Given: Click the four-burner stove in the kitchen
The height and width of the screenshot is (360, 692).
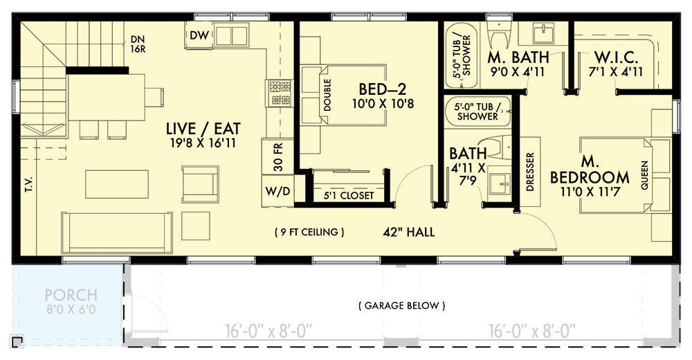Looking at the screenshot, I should pyautogui.click(x=280, y=93).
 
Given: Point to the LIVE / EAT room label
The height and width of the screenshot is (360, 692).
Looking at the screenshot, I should pyautogui.click(x=194, y=128).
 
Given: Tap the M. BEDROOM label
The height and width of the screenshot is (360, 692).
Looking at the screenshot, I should pyautogui.click(x=590, y=168).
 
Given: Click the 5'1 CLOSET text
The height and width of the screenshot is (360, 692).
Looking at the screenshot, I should pyautogui.click(x=349, y=196).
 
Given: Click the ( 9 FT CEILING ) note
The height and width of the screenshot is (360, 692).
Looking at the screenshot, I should pyautogui.click(x=309, y=232).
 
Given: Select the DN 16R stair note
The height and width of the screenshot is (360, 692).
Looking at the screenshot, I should pyautogui.click(x=136, y=44).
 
